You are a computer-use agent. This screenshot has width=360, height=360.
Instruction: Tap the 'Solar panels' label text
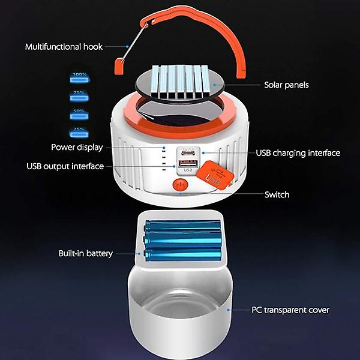pyautogui.click(x=286, y=85)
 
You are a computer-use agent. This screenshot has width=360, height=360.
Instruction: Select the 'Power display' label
pyautogui.click(x=77, y=147)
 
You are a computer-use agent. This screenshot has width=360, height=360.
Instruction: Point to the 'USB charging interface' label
pyautogui.click(x=298, y=153)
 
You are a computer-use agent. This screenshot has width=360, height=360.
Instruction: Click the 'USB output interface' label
pyautogui.click(x=65, y=166)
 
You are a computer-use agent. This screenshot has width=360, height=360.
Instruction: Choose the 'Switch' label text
pyautogui.click(x=277, y=194)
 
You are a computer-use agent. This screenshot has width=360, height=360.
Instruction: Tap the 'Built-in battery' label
pyautogui.click(x=85, y=254)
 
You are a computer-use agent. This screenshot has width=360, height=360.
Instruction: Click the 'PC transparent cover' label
pyautogui.click(x=290, y=310)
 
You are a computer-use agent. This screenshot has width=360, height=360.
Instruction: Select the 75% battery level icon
pyautogui.click(x=79, y=94)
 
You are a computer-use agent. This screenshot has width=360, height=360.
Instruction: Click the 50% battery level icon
pyautogui.click(x=79, y=113)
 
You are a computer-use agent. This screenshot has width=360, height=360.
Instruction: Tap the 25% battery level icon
pyautogui.click(x=79, y=131)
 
